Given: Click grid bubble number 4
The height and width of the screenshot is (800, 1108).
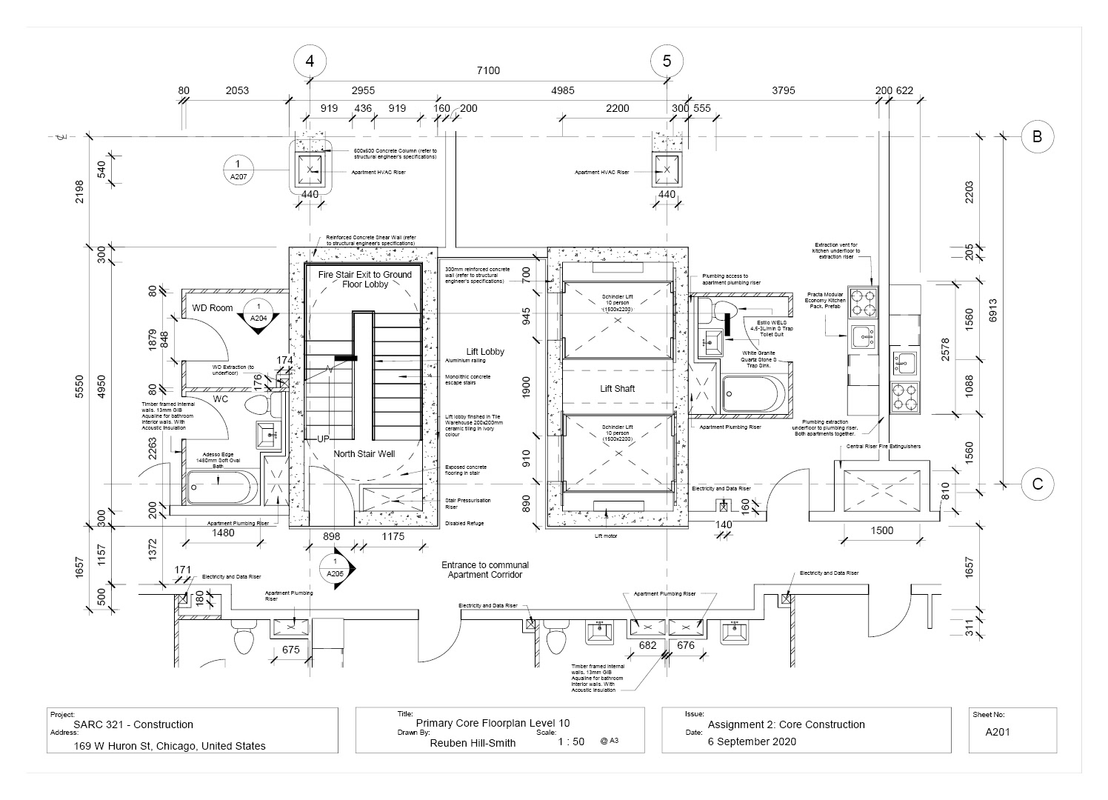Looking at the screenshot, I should (310, 61).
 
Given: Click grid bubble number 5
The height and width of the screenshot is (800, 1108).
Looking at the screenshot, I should (667, 61).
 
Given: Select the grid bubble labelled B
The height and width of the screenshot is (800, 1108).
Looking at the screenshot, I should (1037, 136).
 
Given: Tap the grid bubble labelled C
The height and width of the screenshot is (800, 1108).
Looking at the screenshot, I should (1037, 484).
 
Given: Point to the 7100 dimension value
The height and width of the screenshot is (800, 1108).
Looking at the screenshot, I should (488, 71).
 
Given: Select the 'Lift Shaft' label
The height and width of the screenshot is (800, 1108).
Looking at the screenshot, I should (617, 388).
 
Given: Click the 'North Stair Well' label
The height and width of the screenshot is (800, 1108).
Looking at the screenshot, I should (364, 453).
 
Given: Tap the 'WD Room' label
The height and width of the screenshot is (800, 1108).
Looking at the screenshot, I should (213, 307).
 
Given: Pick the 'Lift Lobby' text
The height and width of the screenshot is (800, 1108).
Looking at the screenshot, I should (485, 351).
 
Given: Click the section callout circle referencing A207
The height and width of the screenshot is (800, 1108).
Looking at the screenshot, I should (238, 169).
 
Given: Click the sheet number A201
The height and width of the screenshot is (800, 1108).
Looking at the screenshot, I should (998, 733).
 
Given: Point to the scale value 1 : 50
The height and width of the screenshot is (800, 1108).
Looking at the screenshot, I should (570, 741).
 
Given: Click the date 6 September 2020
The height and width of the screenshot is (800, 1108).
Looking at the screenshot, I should (752, 741).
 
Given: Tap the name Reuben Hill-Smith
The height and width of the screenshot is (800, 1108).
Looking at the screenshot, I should (473, 743).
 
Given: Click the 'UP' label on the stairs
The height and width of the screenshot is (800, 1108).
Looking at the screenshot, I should (324, 439).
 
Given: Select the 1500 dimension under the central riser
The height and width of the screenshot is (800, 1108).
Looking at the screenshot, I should (881, 530).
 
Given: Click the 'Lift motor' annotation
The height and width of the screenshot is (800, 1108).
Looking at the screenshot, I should (607, 535).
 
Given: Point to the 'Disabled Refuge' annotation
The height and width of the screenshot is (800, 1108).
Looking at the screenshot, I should (463, 524).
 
